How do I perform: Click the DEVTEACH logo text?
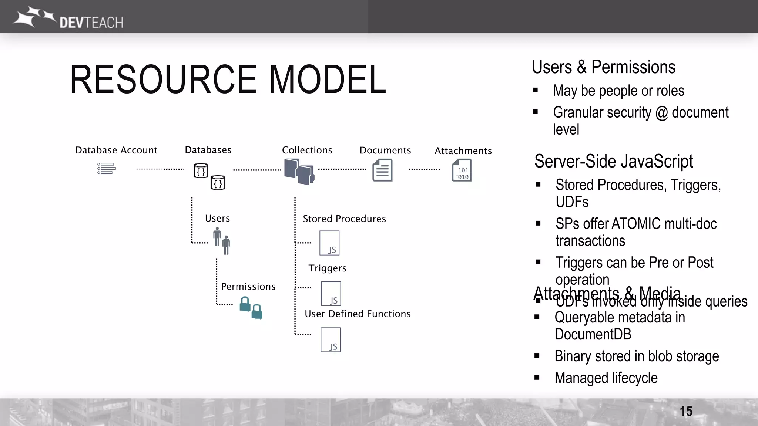(91, 23)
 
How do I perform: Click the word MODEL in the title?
(328, 80)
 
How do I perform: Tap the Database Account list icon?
(107, 169)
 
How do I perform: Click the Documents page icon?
(382, 170)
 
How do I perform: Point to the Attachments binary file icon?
(462, 170)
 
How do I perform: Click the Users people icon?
(222, 241)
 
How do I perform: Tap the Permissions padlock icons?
(251, 308)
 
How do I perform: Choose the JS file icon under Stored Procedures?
(329, 243)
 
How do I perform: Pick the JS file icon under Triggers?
(331, 293)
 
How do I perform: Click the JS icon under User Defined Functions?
(331, 339)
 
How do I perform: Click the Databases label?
(208, 150)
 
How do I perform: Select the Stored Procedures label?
(344, 219)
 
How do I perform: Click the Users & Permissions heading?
(603, 67)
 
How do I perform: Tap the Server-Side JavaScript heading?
(613, 161)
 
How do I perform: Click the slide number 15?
(686, 411)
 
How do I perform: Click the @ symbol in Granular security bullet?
(661, 113)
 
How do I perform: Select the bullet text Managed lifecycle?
(606, 378)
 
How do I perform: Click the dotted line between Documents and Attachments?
(424, 169)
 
